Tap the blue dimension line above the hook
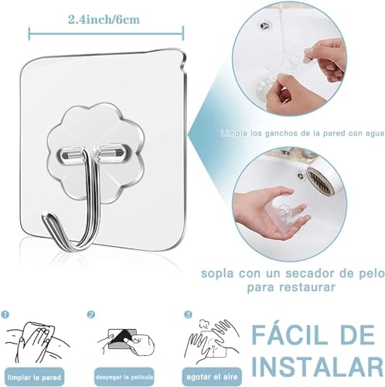click(107, 33)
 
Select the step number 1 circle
click(5, 315)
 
